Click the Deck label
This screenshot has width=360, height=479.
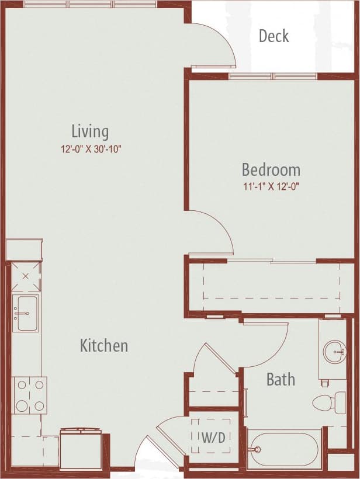[x=274, y=36]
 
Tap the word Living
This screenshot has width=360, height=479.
[x=90, y=131]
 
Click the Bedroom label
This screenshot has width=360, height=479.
[x=271, y=170]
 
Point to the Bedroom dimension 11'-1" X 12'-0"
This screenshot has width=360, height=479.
[x=271, y=188]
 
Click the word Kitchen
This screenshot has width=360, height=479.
[x=103, y=346]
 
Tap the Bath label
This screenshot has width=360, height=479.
[x=281, y=380]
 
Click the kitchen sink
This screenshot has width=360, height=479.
[x=26, y=313]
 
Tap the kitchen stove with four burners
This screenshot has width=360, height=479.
[x=30, y=395]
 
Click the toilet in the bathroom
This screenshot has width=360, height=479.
[x=330, y=402]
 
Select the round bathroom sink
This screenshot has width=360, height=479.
[x=334, y=352]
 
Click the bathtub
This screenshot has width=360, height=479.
[x=284, y=449]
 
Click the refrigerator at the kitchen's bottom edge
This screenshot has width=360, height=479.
[x=81, y=448]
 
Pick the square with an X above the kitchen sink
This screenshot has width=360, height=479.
[x=26, y=277]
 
